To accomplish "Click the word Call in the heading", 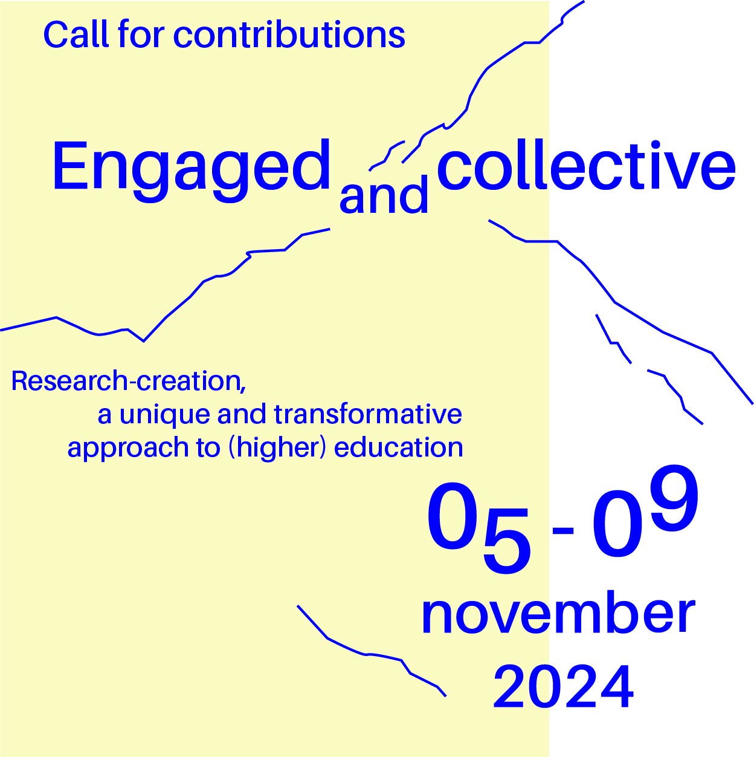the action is pyautogui.click(x=76, y=34).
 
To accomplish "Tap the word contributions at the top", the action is pyautogui.click(x=289, y=34).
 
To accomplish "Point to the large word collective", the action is pyautogui.click(x=585, y=164).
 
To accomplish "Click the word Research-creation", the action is pyautogui.click(x=126, y=381).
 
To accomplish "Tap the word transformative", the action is pyautogui.click(x=367, y=414).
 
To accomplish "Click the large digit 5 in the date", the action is pyautogui.click(x=506, y=540).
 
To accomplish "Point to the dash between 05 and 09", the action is pyautogui.click(x=562, y=531).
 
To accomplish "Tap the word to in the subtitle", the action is pyautogui.click(x=210, y=448).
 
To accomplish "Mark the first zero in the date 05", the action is pyautogui.click(x=452, y=516).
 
